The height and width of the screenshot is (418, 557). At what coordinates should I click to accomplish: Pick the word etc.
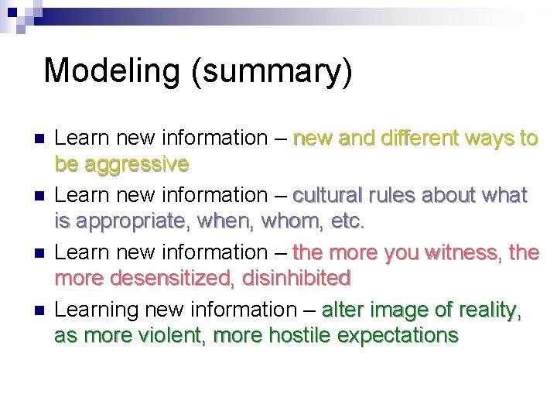click(347, 221)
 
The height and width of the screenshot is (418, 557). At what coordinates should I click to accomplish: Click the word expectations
click(402, 336)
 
